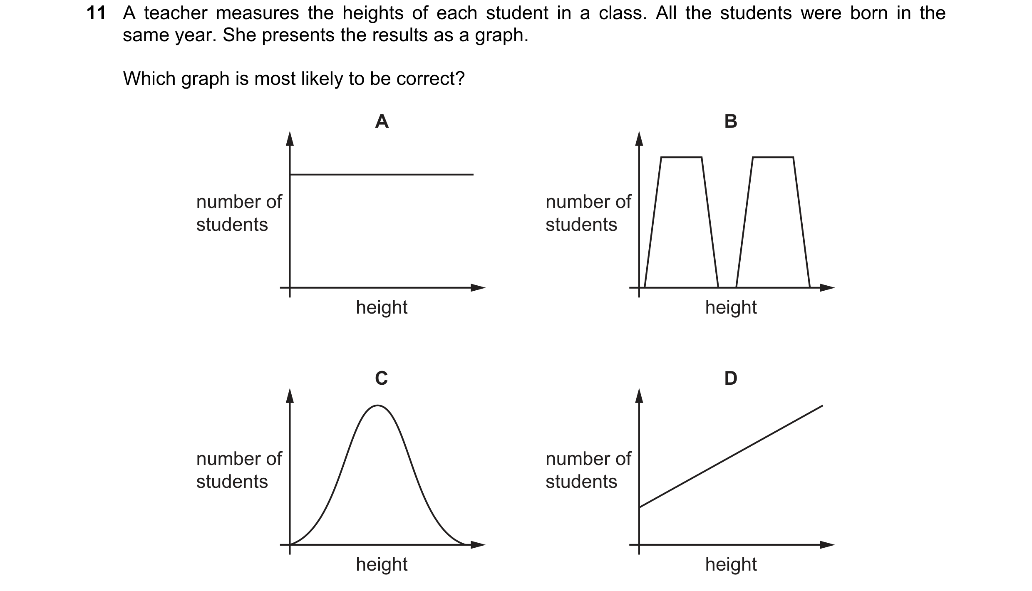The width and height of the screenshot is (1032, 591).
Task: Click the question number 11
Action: (x=96, y=13)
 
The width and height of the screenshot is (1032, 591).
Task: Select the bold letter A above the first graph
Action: (x=382, y=121)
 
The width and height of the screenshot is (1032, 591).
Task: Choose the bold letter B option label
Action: (x=731, y=121)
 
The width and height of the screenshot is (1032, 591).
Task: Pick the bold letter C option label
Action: (x=382, y=378)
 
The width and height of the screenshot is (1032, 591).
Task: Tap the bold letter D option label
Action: (x=731, y=378)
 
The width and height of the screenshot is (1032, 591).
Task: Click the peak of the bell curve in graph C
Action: (x=377, y=406)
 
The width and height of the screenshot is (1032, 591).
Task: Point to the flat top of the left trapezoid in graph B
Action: (x=682, y=157)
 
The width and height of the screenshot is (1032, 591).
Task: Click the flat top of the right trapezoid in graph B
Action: (x=773, y=157)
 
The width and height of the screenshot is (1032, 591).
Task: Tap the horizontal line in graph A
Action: (x=382, y=175)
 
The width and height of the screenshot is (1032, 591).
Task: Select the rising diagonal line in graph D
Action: (x=731, y=456)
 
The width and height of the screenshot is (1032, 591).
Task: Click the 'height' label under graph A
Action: (x=382, y=307)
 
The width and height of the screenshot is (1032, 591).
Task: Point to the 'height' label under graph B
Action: (x=731, y=307)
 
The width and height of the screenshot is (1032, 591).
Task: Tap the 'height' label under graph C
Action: (x=382, y=564)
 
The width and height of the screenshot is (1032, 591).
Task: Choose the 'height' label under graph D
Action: (x=731, y=564)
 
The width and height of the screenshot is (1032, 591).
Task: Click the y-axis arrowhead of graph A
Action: (x=290, y=138)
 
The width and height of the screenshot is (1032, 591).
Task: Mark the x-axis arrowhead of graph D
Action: (x=827, y=544)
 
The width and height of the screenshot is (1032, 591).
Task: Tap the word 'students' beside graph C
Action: (x=232, y=482)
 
